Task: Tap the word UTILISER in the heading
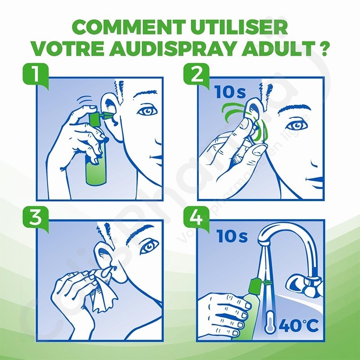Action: click(239, 27)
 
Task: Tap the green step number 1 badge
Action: click(36, 75)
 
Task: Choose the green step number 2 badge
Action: click(196, 75)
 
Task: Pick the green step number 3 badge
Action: click(36, 218)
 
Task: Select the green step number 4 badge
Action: click(196, 218)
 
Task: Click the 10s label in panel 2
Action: click(230, 92)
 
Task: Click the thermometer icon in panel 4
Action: click(270, 322)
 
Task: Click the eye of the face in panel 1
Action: click(147, 111)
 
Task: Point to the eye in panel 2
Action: click(297, 126)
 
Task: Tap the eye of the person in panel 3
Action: click(149, 246)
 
